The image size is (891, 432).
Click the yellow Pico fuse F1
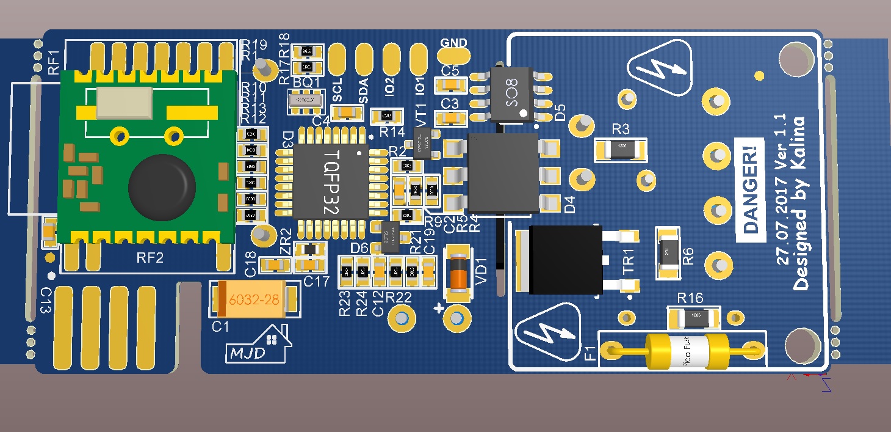click(x=682, y=351)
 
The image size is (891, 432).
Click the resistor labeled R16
click(x=696, y=318)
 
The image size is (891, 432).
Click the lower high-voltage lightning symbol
click(x=547, y=333)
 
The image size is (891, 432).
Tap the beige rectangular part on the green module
click(x=124, y=102)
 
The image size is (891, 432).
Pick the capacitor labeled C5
click(x=450, y=84)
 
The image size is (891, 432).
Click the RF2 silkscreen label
click(x=150, y=258)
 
